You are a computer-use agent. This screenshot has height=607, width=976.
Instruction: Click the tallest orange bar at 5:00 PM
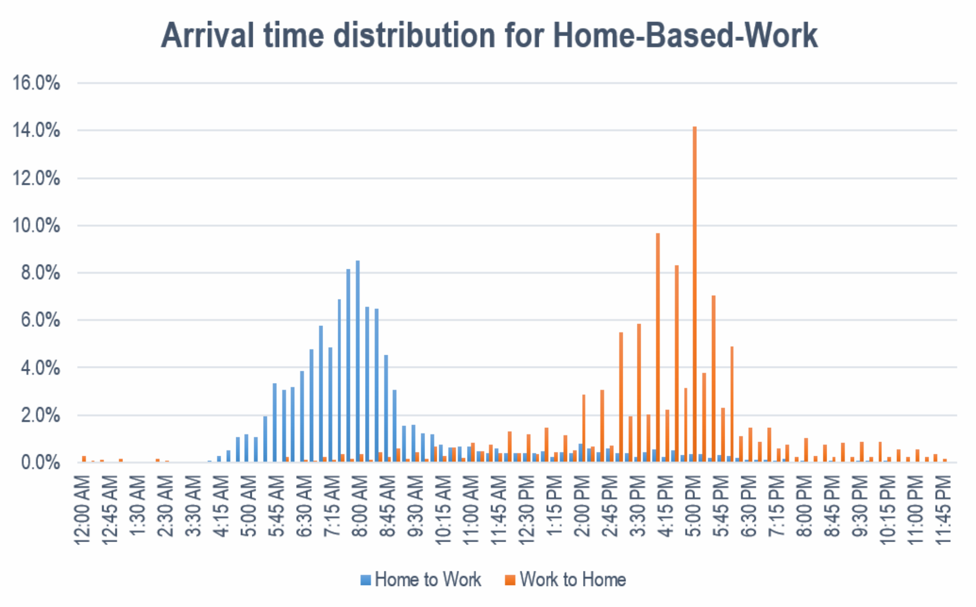point(694,294)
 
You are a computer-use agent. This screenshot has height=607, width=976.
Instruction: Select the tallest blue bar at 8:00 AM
point(358,362)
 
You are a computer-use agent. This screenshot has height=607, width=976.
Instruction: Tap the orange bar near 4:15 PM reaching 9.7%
point(658,347)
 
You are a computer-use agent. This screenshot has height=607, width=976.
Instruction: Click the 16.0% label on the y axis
point(36,83)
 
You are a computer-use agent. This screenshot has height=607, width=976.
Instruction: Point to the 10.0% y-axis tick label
point(36,225)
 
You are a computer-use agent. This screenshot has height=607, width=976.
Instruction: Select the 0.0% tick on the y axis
point(41,463)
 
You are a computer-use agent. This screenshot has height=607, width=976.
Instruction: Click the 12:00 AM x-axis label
point(82,510)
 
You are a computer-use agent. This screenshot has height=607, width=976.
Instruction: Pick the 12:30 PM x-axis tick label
point(527,510)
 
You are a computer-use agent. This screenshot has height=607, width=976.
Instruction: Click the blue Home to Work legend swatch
point(366,580)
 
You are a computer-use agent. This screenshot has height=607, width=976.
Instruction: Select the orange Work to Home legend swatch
point(510,580)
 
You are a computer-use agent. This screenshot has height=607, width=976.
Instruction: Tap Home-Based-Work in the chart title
point(685,35)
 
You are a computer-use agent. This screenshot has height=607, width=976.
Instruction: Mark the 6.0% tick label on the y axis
point(41,320)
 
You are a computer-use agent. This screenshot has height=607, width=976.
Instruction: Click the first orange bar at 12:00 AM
point(84,459)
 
